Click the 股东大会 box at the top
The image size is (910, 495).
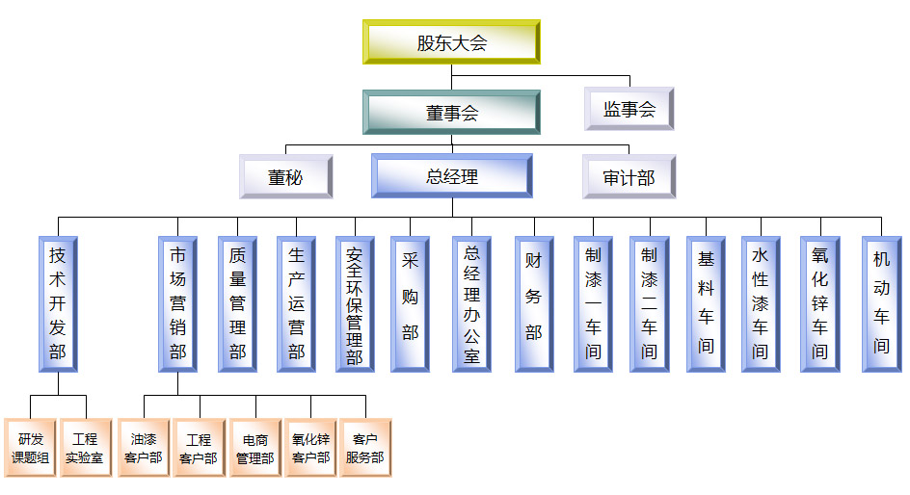(451, 42)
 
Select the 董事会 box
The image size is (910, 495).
(451, 113)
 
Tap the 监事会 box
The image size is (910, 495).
(629, 109)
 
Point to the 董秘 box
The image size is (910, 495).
(285, 177)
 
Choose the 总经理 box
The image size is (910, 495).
(451, 177)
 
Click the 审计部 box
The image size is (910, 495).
(629, 177)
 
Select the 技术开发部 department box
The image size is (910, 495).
(58, 303)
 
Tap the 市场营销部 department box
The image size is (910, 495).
(177, 303)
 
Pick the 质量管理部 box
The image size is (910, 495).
(237, 303)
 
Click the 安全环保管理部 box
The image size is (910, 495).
(354, 303)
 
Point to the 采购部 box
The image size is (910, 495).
(411, 303)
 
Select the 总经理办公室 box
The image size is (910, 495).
(471, 303)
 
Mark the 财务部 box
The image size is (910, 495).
(533, 303)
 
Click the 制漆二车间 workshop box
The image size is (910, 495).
(649, 303)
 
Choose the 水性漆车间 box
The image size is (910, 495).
(761, 303)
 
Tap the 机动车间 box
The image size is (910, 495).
(881, 303)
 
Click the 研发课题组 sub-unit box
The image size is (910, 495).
(30, 448)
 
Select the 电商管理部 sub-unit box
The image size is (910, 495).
(255, 448)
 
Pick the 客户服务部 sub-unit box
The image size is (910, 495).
(365, 448)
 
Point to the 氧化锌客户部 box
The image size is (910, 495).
(310, 448)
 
